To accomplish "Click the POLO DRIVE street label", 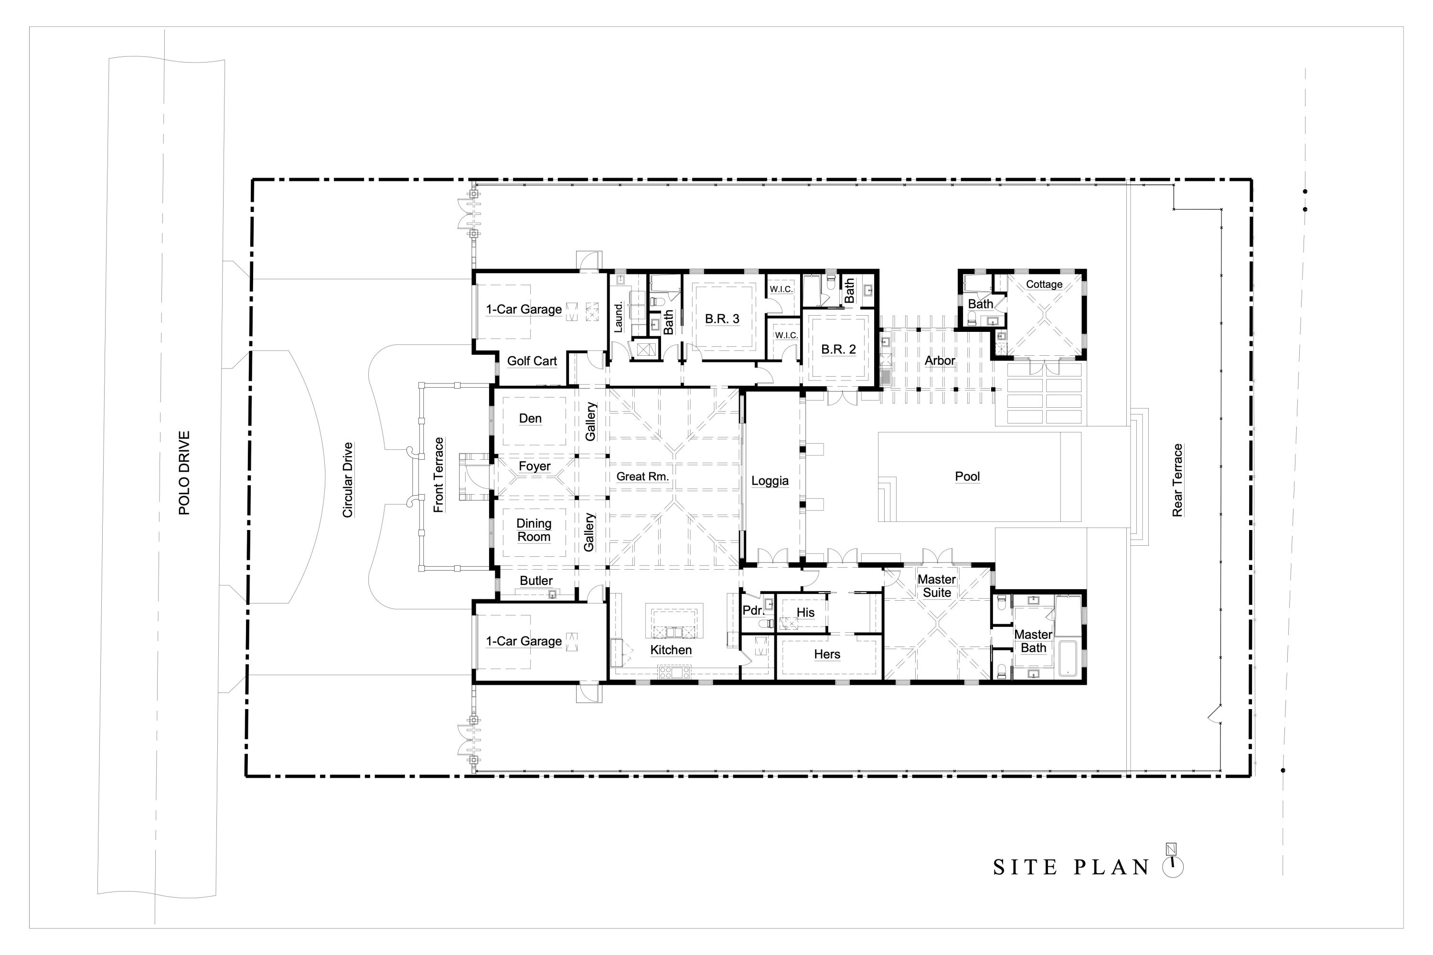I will (184, 473).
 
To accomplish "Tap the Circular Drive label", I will (348, 480).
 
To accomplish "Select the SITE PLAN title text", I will (1070, 867).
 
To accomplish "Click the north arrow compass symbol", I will (1172, 863).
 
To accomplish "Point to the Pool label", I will (967, 476).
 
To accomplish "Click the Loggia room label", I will (770, 480).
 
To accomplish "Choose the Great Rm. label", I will (642, 476).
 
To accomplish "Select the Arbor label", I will (940, 361).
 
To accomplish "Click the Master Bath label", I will (1033, 641).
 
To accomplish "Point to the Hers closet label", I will (827, 654).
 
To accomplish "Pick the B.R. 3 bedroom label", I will (722, 318).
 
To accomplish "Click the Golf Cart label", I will (532, 361).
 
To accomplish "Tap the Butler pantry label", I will (535, 581).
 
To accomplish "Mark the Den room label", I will (530, 418).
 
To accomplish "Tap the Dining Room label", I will (534, 530).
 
